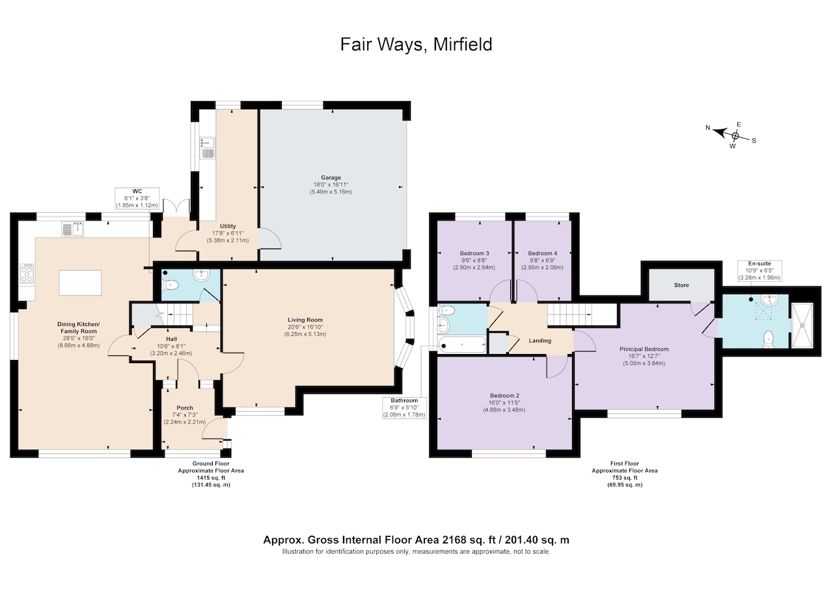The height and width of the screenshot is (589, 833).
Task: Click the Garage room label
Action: (331, 178)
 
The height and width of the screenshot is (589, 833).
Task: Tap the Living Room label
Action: (305, 320)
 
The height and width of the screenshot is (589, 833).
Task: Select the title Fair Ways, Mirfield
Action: (416, 45)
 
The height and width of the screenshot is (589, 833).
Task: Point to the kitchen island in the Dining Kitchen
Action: (80, 283)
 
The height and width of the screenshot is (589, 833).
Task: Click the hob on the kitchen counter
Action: (27, 274)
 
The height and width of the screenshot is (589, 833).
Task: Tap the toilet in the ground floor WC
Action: (171, 286)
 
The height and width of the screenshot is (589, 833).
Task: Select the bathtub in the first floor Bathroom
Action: (462, 345)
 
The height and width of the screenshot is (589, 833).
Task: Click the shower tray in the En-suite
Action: (802, 325)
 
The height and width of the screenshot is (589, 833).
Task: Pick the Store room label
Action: (681, 285)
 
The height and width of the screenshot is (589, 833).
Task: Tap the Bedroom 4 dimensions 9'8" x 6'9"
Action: (542, 260)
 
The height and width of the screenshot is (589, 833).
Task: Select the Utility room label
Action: (228, 226)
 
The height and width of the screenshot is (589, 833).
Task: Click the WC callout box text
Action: (137, 199)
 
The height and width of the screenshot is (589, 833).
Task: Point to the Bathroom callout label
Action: (404, 400)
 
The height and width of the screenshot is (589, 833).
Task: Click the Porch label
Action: (185, 408)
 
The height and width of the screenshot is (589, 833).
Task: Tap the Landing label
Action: (540, 340)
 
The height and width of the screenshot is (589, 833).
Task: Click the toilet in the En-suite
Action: (769, 340)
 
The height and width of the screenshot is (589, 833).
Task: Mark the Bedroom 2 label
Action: (504, 396)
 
